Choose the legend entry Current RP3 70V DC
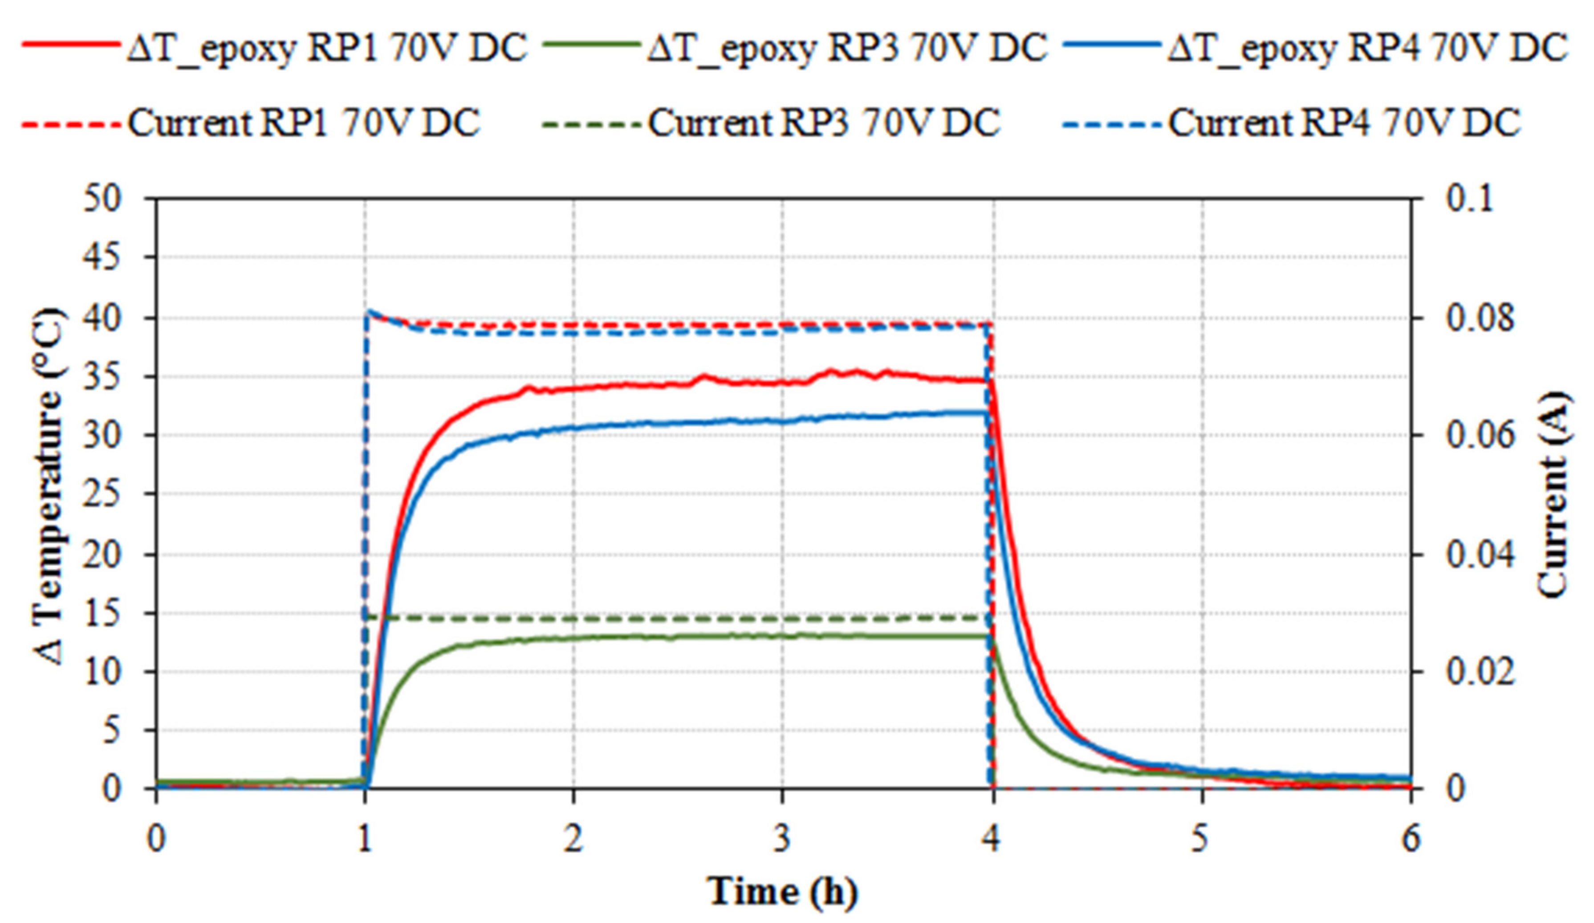[x=771, y=122]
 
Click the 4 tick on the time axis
[x=992, y=840]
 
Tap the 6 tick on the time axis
[x=1411, y=840]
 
